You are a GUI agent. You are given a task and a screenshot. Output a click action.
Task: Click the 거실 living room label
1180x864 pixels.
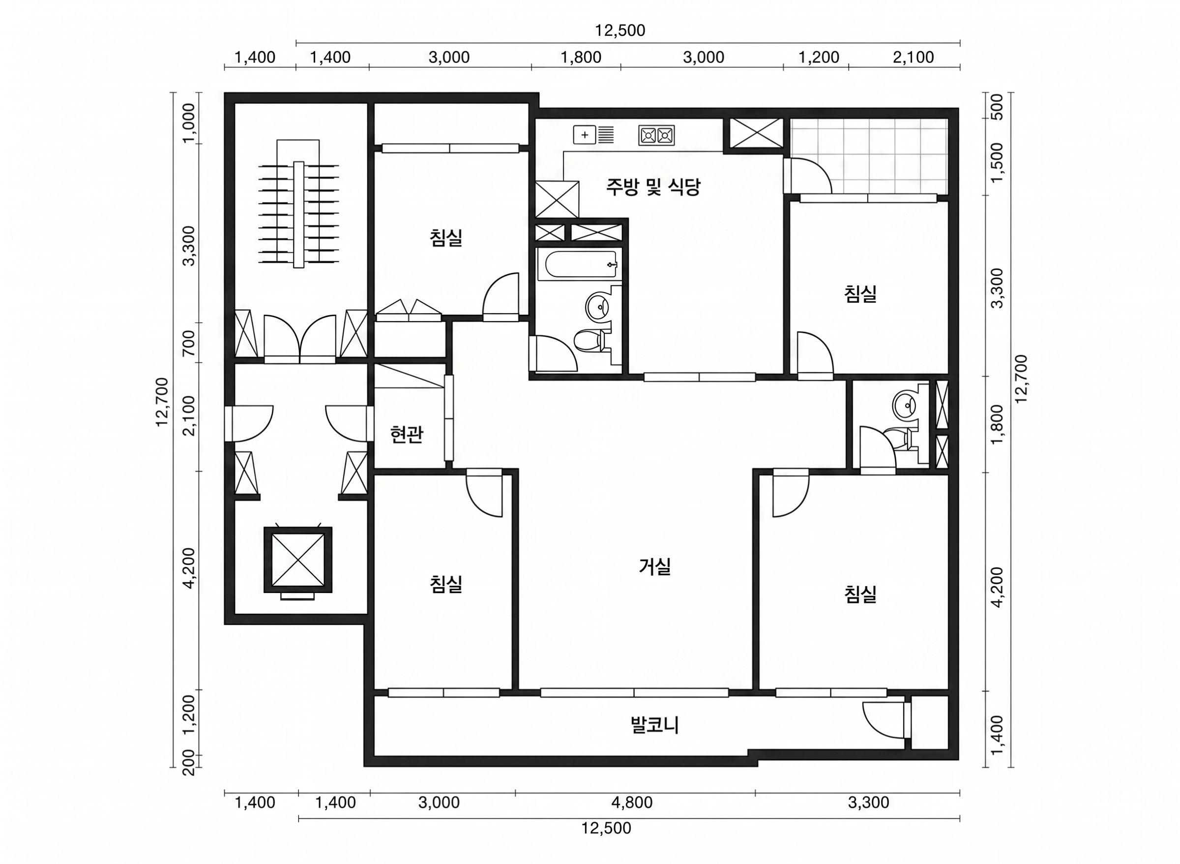(654, 567)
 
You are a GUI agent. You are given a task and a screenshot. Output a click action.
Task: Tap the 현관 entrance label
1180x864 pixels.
(407, 435)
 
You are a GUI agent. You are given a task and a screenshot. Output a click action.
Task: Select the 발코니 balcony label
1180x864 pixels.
(655, 725)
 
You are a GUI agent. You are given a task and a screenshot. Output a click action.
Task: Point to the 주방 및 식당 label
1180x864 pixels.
(653, 187)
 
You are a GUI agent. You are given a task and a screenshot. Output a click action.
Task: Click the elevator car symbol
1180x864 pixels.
(298, 560)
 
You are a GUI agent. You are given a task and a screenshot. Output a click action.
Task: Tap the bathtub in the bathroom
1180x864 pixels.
(579, 265)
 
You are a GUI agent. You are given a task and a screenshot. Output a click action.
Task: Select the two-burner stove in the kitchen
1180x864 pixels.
(656, 135)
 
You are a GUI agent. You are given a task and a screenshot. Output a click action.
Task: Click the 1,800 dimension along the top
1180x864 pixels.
(581, 58)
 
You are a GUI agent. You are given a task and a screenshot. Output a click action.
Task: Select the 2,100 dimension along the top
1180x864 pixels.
(914, 58)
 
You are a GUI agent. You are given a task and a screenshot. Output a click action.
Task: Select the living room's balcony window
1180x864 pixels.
(634, 692)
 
